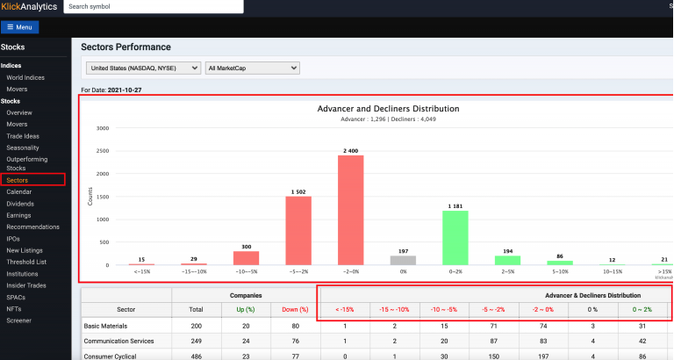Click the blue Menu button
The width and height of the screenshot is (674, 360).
pos(20,27)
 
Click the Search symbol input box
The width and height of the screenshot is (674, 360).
pos(154,6)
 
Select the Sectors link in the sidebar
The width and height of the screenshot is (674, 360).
pos(18,180)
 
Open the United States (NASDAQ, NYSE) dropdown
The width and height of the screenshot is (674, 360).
pos(143,68)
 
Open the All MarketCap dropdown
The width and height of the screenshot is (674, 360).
pos(253,68)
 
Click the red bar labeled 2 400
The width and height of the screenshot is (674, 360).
pos(351,210)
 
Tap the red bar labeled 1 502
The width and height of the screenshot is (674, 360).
pos(298,231)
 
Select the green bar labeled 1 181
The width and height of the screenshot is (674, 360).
pos(455,238)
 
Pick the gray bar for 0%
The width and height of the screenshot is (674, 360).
pos(403,260)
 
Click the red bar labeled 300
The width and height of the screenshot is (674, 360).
pos(247,258)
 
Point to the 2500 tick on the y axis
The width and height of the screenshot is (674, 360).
pos(103,151)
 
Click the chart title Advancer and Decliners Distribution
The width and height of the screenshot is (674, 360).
pos(388,109)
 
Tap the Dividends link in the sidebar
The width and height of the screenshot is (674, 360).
pos(20,204)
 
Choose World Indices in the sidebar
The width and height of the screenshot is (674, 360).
pos(25,77)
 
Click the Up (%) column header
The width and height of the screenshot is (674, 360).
pos(246,309)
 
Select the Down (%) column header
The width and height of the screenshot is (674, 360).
pos(295,309)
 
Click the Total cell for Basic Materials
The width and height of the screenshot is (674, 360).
pos(197,326)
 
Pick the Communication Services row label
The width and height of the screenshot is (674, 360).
pos(118,341)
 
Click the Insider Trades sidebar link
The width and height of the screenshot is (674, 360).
pos(26,285)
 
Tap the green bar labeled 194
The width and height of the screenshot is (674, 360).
pos(507,260)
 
